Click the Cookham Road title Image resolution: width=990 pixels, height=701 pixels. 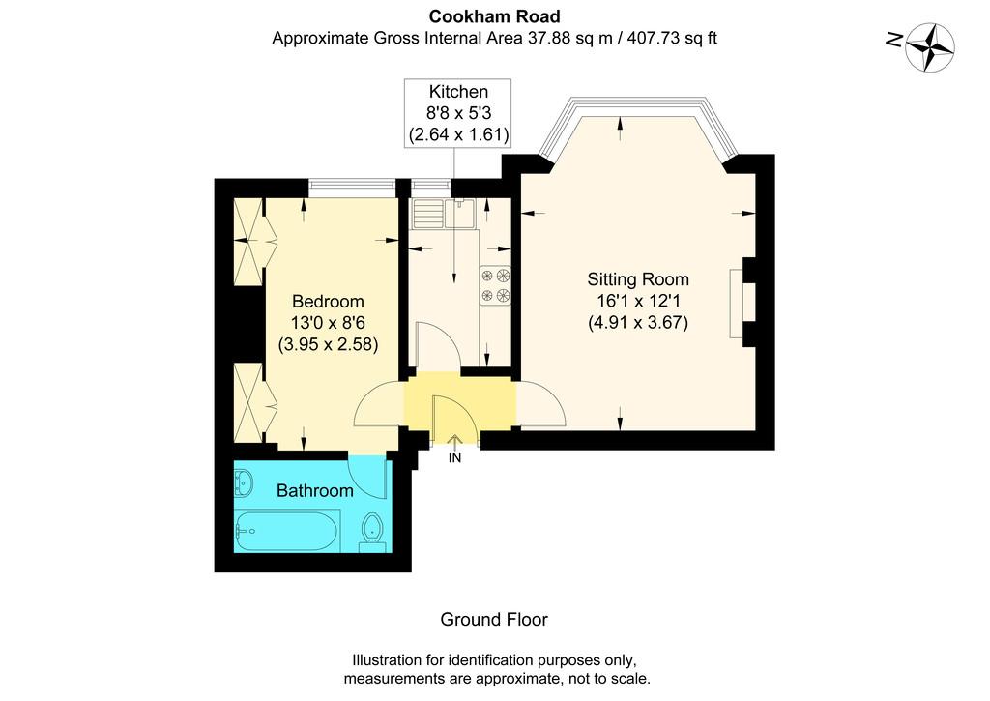494,15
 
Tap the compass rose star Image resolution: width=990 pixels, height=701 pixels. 930,46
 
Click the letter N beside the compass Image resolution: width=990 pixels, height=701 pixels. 894,41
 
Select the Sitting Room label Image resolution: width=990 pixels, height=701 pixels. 638,279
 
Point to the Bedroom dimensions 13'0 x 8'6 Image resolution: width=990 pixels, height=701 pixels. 328,323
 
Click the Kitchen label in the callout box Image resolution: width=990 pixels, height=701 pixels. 458,92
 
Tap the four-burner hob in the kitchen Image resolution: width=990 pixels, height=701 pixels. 495,285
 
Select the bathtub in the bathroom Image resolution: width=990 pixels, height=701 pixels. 288,531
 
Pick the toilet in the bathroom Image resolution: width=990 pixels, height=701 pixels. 372,532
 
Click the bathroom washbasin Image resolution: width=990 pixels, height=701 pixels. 244,483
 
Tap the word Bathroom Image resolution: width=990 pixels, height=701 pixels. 314,491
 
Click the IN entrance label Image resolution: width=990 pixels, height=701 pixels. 454,458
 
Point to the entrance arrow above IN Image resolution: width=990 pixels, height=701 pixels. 454,442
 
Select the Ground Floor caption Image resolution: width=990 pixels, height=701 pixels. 494,620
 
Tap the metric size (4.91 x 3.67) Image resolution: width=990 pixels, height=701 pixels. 638,323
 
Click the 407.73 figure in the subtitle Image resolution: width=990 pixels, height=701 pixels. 654,38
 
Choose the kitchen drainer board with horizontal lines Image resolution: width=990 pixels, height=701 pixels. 427,214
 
